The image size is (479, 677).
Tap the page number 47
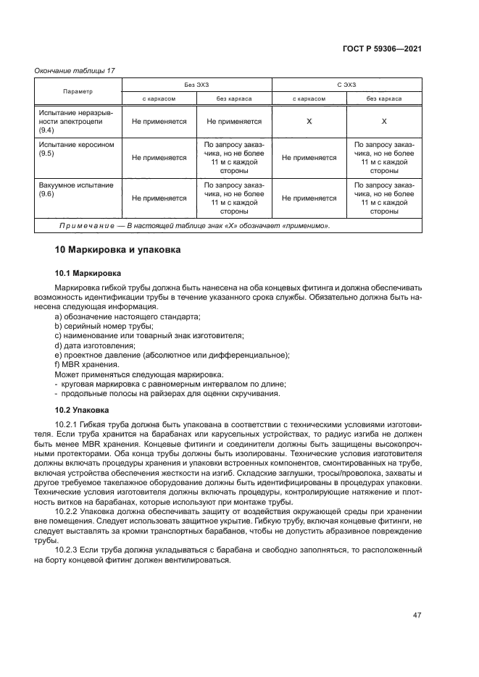[417, 615]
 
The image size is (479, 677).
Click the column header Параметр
[78, 92]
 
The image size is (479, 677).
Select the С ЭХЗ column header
[346, 85]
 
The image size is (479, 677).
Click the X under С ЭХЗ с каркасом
[309, 122]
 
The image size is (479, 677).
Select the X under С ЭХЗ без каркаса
[384, 122]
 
